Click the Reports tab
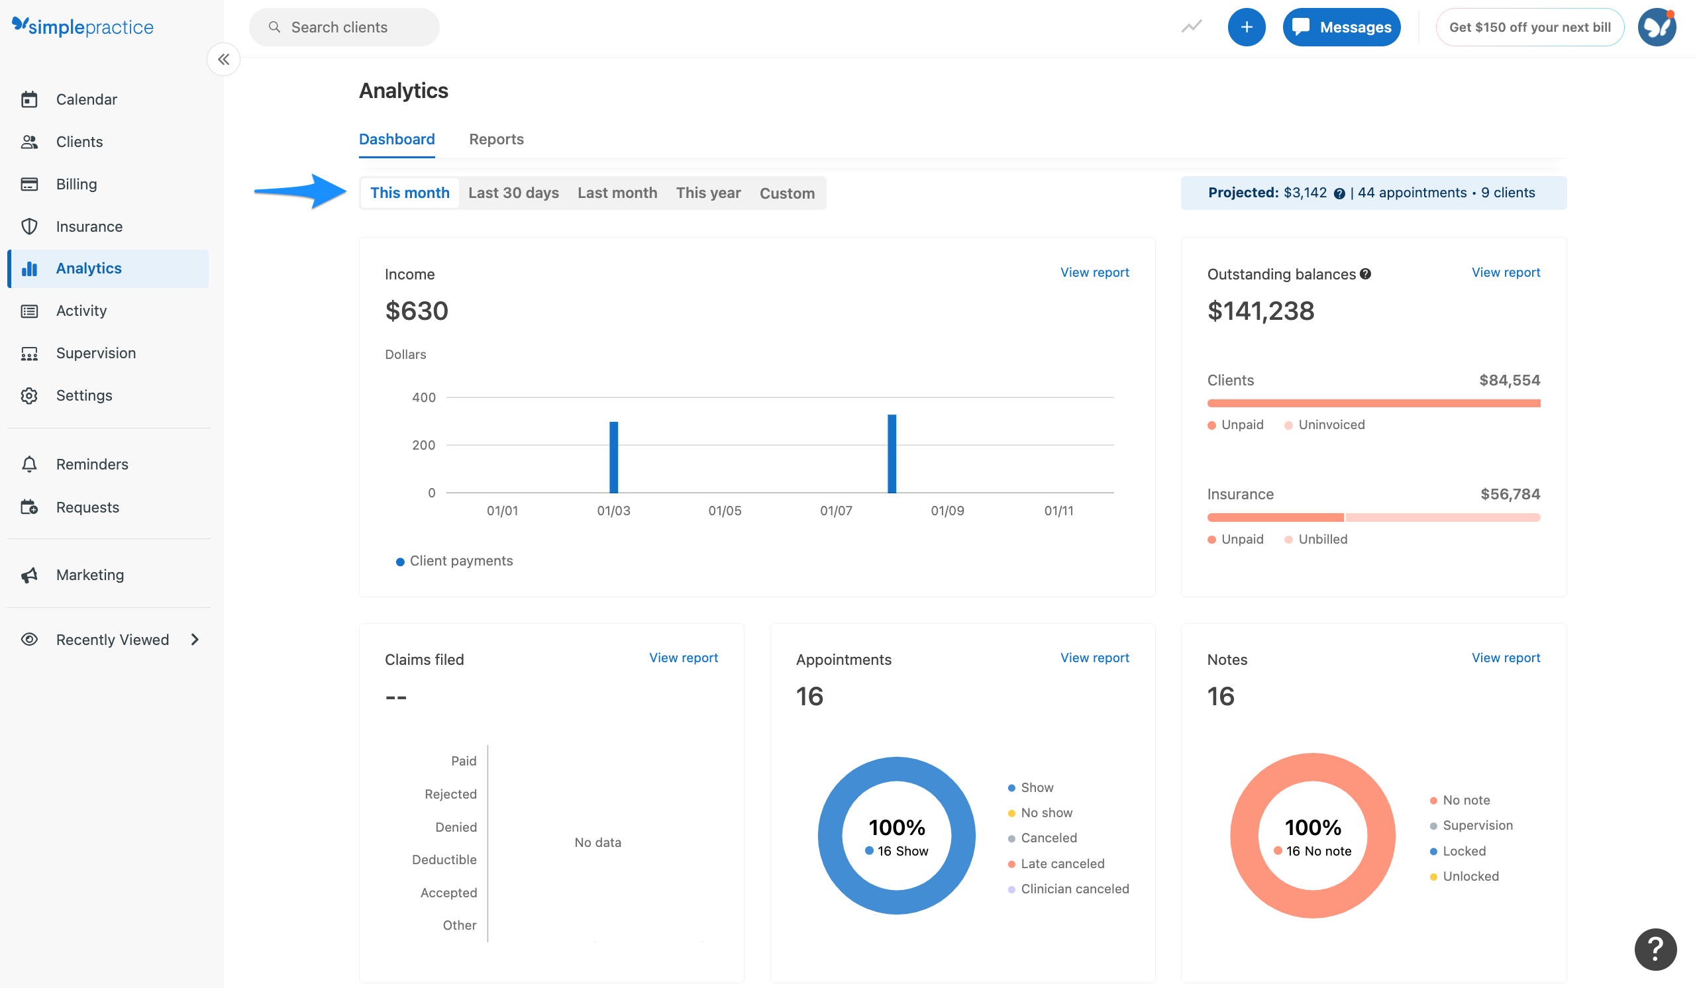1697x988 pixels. tap(496, 139)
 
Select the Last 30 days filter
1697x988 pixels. tap(513, 193)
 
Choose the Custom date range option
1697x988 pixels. tap(786, 193)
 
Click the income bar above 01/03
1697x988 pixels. tap(613, 458)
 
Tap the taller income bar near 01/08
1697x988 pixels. tap(892, 454)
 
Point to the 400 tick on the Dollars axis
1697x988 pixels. tap(423, 397)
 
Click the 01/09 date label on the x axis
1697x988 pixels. tap(947, 511)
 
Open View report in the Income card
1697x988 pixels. tap(1094, 273)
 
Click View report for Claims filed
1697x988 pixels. tap(683, 658)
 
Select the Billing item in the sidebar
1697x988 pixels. tap(76, 184)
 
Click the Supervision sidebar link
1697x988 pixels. tap(95, 354)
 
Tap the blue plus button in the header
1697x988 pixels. tap(1246, 27)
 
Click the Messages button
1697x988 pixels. tap(1341, 27)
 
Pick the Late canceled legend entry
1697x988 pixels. tap(1062, 864)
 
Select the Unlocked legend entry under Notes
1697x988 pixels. tap(1470, 876)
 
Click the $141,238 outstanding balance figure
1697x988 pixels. tap(1260, 311)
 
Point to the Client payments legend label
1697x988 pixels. tap(460, 561)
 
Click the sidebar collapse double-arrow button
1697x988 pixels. tap(224, 59)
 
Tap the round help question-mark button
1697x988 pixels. tap(1655, 949)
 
